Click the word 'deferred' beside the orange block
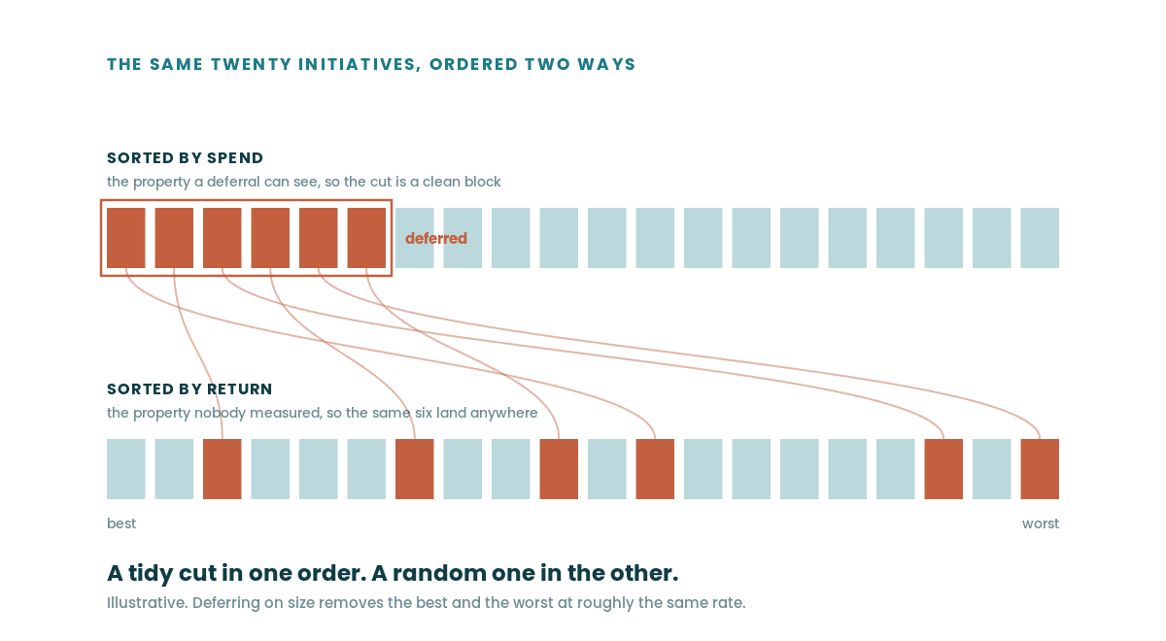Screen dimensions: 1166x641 click(x=436, y=238)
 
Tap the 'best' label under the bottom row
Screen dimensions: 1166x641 click(x=121, y=523)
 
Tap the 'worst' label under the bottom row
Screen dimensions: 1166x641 click(x=1041, y=523)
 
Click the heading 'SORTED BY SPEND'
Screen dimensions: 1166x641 click(x=185, y=158)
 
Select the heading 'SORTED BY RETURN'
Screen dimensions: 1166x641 click(x=189, y=389)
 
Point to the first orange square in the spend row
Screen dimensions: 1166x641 click(x=126, y=238)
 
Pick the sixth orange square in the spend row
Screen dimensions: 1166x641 click(x=366, y=238)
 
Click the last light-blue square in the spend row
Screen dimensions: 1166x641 click(x=1040, y=238)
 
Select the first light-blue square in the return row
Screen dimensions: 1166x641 click(x=126, y=469)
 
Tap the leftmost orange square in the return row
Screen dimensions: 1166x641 click(x=223, y=469)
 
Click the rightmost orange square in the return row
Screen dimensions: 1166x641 click(x=1040, y=469)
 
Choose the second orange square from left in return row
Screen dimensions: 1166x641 click(x=414, y=469)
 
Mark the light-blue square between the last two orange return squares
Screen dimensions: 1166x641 click(x=992, y=469)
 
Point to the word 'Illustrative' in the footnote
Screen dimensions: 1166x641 click(x=146, y=603)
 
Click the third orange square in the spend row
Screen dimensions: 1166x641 click(x=223, y=238)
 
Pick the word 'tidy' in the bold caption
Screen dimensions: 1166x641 click(x=150, y=573)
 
